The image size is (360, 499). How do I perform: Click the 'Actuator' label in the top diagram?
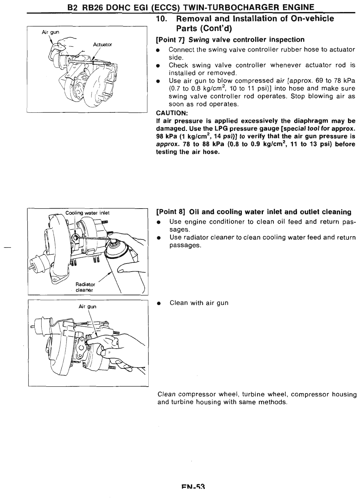102,45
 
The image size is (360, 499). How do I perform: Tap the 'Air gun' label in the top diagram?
50,32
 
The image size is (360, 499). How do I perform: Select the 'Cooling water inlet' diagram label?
88,213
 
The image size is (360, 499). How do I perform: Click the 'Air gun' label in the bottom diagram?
87,306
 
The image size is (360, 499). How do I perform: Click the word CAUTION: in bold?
172,113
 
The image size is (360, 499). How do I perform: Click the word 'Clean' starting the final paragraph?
167,394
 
